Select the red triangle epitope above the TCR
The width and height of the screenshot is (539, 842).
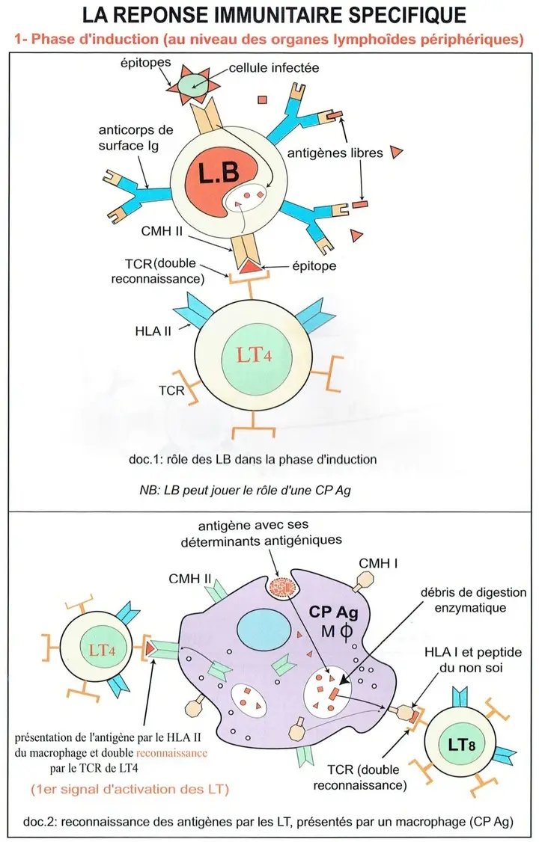coord(249,264)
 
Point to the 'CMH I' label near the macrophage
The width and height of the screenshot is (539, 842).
coord(377,562)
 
